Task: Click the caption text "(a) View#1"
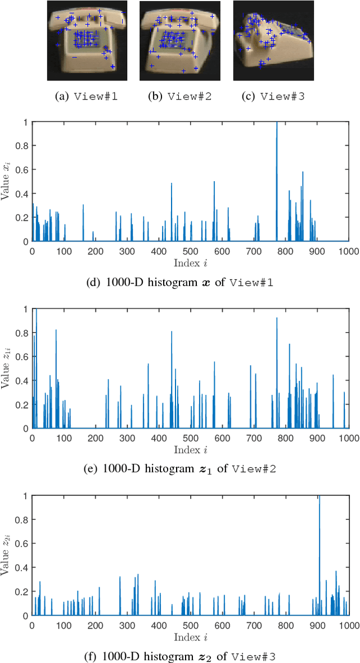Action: tap(86, 96)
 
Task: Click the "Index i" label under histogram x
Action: tap(190, 262)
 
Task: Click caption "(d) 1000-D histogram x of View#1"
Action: tap(190, 283)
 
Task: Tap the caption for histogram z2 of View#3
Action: tap(190, 655)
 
